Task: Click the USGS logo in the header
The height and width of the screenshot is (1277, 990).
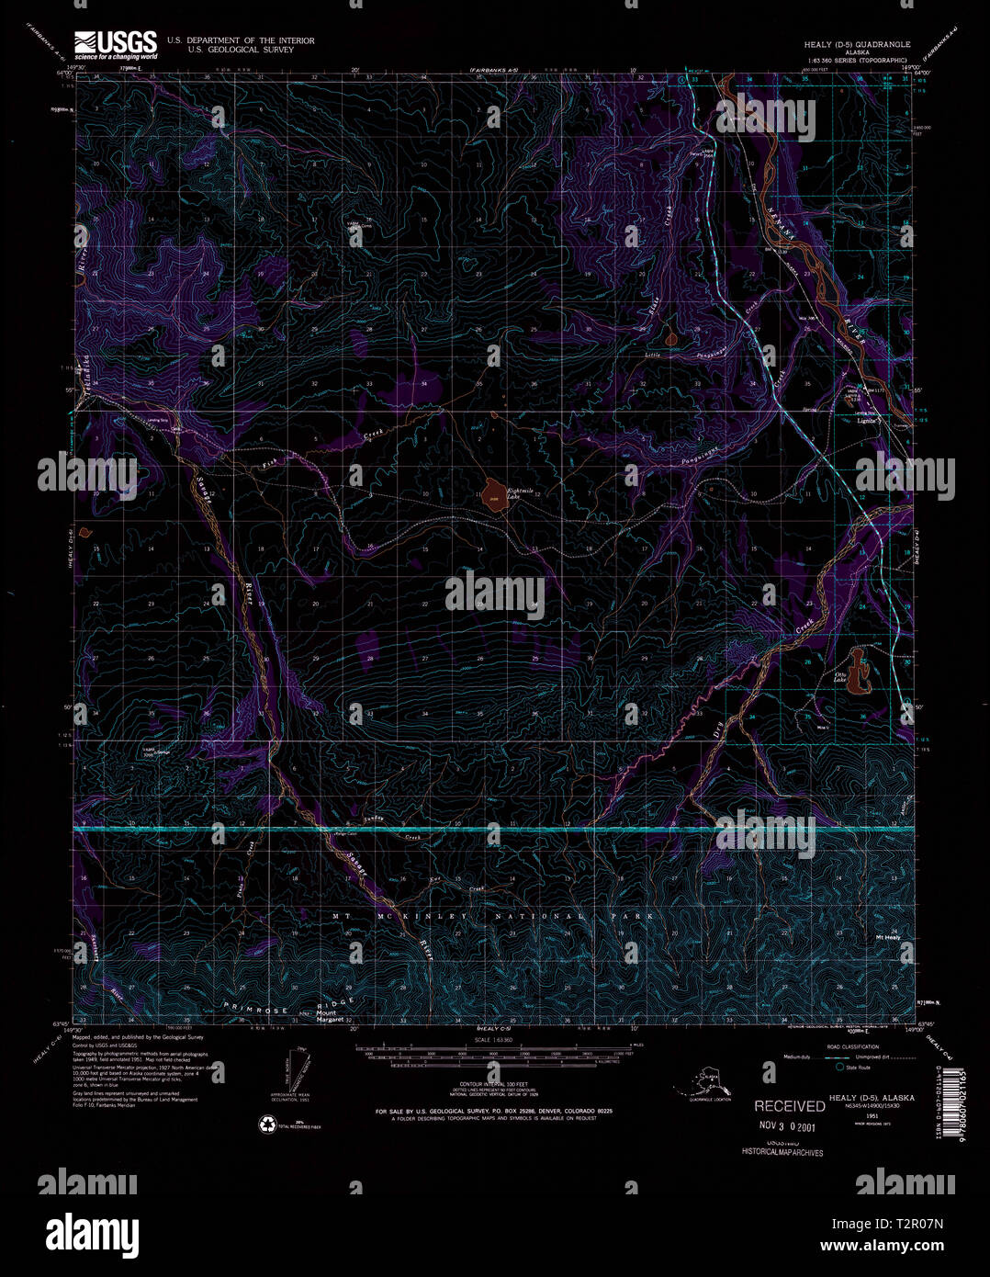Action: (x=115, y=45)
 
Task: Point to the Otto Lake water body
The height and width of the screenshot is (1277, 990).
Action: (x=859, y=672)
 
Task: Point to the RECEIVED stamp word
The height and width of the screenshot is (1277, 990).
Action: (x=790, y=1106)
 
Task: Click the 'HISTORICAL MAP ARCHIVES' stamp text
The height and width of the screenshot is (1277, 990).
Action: (x=782, y=1152)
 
